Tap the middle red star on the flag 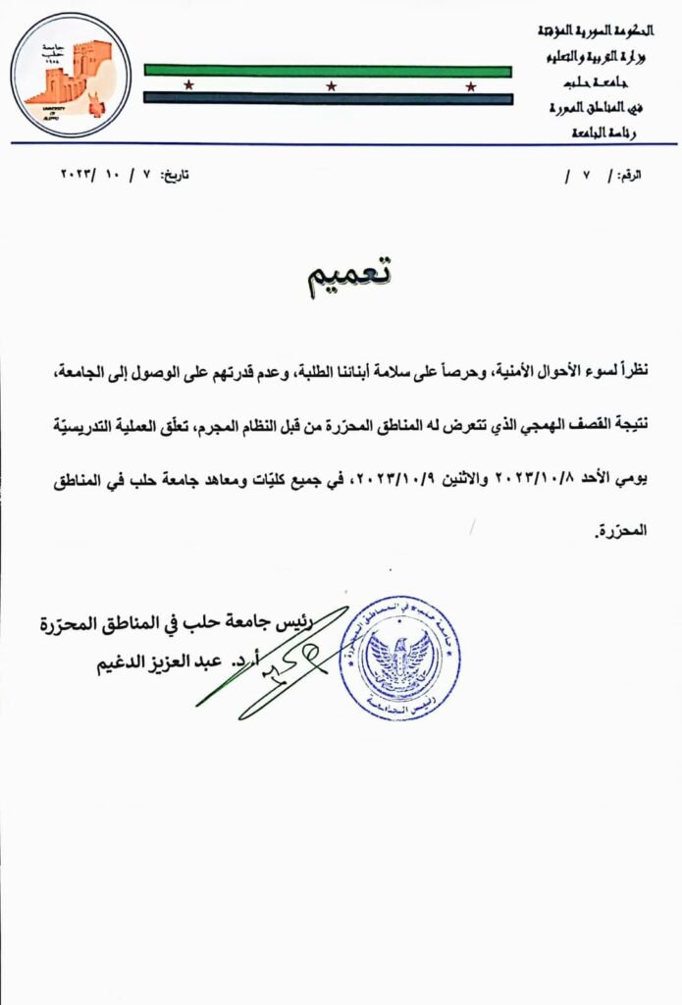coord(331,85)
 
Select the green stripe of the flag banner coord(328,70)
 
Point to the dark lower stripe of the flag coord(328,98)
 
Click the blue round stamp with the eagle coord(400,656)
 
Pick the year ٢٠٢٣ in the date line coord(78,175)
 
